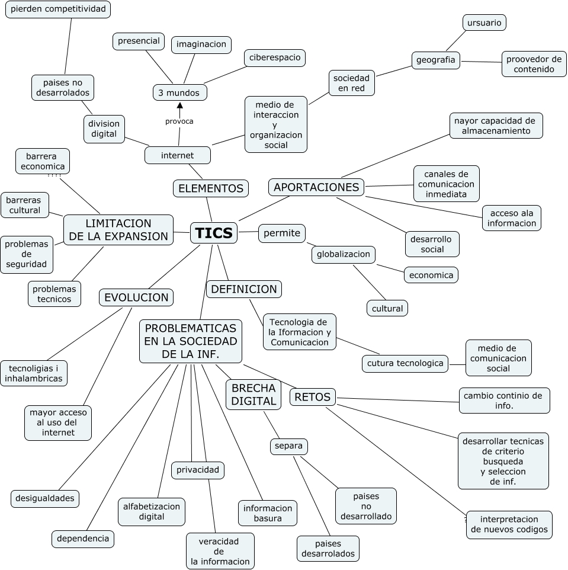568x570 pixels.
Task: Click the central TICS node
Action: pyautogui.click(x=214, y=233)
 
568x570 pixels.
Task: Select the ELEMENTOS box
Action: pyautogui.click(x=211, y=188)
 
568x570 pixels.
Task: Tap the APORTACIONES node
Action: pyautogui.click(x=316, y=187)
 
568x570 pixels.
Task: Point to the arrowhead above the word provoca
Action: pyautogui.click(x=179, y=105)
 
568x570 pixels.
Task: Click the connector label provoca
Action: pyautogui.click(x=179, y=121)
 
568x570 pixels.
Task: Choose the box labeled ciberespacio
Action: pyautogui.click(x=275, y=58)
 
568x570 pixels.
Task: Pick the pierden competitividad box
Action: pyautogui.click(x=58, y=9)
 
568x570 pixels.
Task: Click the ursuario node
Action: pyautogui.click(x=484, y=23)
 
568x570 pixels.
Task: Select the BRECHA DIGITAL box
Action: pyautogui.click(x=253, y=395)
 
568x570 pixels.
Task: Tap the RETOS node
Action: pyautogui.click(x=313, y=397)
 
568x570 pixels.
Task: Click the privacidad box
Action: pyautogui.click(x=198, y=470)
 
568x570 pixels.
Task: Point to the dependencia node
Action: pyautogui.click(x=83, y=539)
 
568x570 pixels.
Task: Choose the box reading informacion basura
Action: pyautogui.click(x=268, y=513)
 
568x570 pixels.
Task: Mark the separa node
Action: pyautogui.click(x=289, y=446)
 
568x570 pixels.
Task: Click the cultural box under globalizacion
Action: pyautogui.click(x=387, y=308)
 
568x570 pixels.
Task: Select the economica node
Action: pyautogui.click(x=431, y=275)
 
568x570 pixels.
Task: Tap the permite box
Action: pyautogui.click(x=282, y=233)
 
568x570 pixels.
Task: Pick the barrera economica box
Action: pyautogui.click(x=43, y=161)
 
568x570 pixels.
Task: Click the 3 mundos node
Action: pyautogui.click(x=180, y=92)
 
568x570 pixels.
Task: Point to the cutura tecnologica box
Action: pyautogui.click(x=405, y=364)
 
